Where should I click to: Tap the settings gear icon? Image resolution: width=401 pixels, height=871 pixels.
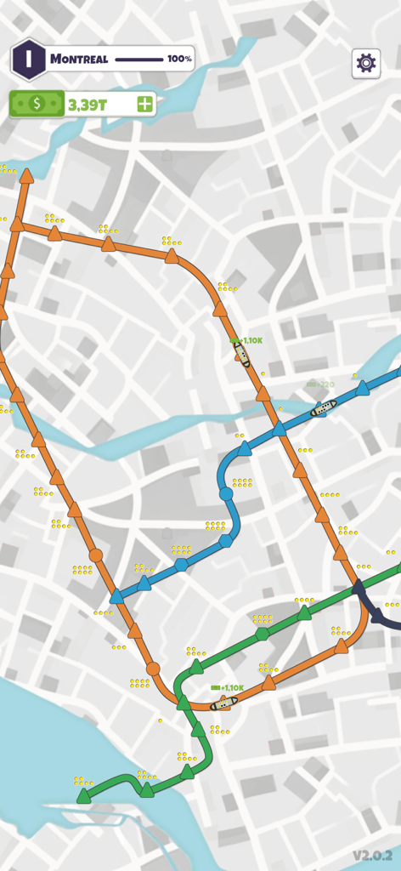click(x=366, y=63)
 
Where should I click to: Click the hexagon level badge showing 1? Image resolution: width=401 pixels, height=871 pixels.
click(x=28, y=60)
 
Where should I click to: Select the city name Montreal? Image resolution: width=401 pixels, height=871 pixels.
click(x=79, y=60)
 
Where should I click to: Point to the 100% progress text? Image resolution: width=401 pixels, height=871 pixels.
click(x=179, y=60)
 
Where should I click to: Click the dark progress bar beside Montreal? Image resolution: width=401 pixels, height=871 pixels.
click(x=138, y=60)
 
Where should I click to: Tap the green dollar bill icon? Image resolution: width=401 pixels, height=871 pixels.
click(x=37, y=104)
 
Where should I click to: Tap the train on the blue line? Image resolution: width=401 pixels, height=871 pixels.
click(x=323, y=409)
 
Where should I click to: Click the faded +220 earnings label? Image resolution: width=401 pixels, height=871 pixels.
click(x=321, y=384)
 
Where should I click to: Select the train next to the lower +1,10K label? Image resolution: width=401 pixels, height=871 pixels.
click(x=223, y=703)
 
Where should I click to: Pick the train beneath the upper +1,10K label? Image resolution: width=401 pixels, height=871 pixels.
click(x=242, y=353)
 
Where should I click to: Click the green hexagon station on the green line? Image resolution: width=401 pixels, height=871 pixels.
click(x=263, y=634)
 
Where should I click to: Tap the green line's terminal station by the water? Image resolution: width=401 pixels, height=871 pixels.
click(x=83, y=797)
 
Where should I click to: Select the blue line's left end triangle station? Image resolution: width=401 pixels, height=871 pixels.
click(x=117, y=596)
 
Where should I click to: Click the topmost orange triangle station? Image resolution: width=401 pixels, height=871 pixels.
click(x=26, y=175)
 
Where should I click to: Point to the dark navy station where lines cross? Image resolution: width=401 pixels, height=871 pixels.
click(x=359, y=587)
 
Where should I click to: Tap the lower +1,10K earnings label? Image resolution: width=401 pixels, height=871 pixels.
click(x=229, y=687)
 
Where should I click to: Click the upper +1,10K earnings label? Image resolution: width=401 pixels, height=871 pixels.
click(x=246, y=340)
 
